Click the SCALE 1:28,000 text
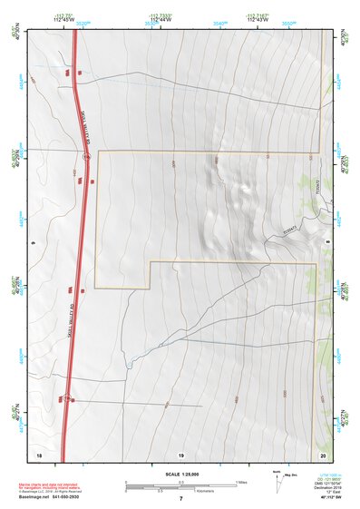[180, 474]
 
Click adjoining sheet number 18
[39, 454]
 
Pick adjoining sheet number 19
[180, 454]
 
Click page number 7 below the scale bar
[180, 499]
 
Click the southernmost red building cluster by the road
[63, 397]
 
